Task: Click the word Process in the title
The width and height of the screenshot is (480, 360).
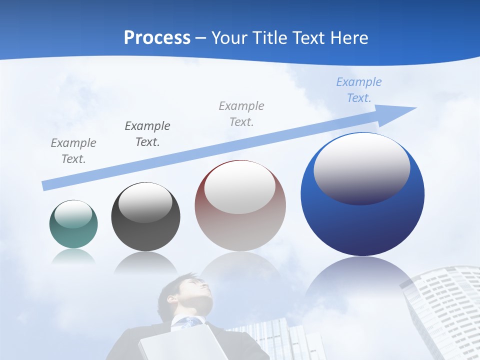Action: click(157, 38)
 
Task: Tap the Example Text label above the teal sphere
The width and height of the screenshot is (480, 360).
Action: click(73, 151)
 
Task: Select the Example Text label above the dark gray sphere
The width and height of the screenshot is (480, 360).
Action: click(147, 133)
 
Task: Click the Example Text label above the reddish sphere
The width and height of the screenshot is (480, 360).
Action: click(241, 113)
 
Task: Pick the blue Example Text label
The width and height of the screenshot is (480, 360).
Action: click(359, 90)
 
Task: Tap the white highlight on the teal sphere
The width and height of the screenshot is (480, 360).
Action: click(73, 214)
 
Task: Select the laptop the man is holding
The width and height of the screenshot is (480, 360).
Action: click(182, 342)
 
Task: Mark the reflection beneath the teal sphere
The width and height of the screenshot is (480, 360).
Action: click(73, 256)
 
